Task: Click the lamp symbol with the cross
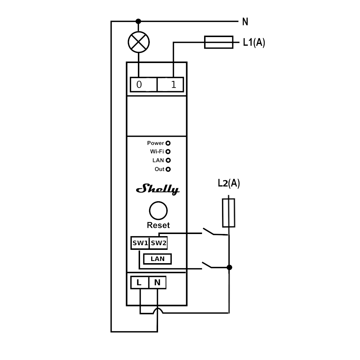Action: point(139,42)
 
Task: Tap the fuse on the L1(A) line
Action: point(219,42)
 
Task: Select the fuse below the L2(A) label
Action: point(229,213)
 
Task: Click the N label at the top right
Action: point(245,22)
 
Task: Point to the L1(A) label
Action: point(254,42)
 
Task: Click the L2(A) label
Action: point(229,183)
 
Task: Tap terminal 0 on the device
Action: point(143,85)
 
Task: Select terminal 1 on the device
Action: point(170,85)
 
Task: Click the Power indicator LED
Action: point(168,143)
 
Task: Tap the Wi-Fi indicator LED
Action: point(168,152)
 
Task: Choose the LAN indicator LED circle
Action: point(168,161)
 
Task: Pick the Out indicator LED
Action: point(168,169)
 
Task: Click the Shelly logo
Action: point(158,189)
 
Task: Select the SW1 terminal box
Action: point(140,243)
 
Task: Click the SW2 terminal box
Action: point(158,243)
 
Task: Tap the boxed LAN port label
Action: point(157,259)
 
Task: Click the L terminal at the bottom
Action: point(139,283)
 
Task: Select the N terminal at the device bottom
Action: point(157,283)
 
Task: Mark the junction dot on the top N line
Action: point(138,22)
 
